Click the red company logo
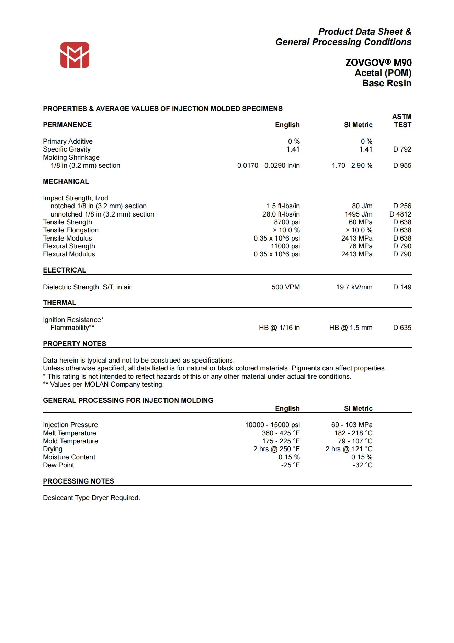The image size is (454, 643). tap(75, 55)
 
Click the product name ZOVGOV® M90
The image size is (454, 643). tap(378, 63)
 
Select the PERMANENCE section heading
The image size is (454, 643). tap(67, 125)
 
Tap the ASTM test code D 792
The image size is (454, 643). tap(402, 149)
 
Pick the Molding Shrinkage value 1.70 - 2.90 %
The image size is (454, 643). tap(352, 165)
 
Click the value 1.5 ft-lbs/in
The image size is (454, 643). tap(283, 206)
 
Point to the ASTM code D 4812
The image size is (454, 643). tap(400, 214)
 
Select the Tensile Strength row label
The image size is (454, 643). tap(67, 222)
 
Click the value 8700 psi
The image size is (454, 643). tap(287, 222)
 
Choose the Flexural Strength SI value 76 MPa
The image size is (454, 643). tap(361, 246)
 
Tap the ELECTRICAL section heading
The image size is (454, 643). tap(65, 270)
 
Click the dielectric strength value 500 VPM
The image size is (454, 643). tap(286, 287)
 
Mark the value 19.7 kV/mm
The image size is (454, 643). tap(354, 287)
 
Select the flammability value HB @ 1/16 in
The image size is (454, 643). tap(279, 328)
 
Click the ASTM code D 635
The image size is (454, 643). tap(402, 328)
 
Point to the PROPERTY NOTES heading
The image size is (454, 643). tap(75, 344)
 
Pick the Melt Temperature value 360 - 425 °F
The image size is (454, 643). tap(281, 433)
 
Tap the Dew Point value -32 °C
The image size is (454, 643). tap(363, 465)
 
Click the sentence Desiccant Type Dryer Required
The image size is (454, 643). tap(91, 498)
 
